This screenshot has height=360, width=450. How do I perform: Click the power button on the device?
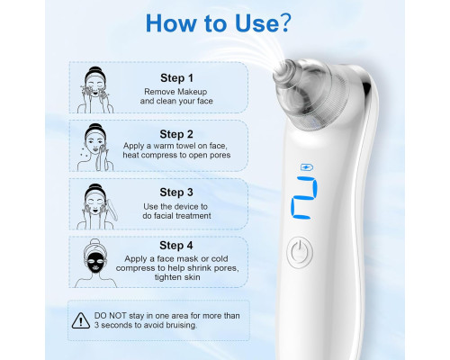click(300, 252)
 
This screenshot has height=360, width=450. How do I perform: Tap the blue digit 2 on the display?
click(304, 198)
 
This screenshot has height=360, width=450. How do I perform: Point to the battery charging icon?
click(307, 167)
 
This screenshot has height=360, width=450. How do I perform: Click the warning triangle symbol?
click(81, 320)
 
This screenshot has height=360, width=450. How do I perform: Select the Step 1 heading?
click(176, 78)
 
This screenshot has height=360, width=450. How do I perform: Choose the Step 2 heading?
click(176, 134)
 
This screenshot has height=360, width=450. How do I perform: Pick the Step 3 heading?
click(176, 193)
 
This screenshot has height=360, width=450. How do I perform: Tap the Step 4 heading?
click(176, 246)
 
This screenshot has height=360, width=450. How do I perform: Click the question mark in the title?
click(285, 22)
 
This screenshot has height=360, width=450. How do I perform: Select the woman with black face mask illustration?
click(95, 263)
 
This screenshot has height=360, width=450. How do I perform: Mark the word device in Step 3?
click(184, 207)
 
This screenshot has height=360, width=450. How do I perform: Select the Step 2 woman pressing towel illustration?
click(95, 148)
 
